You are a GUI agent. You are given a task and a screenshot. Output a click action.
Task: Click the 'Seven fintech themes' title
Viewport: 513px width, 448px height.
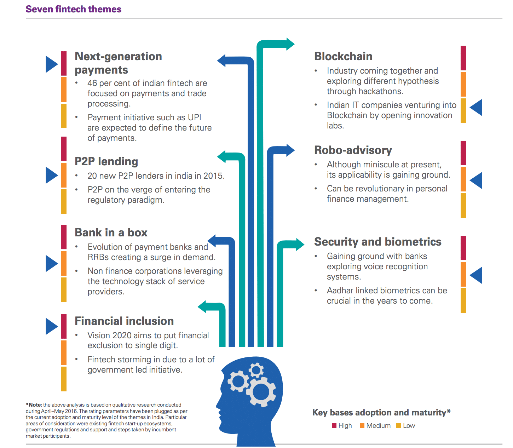click(x=74, y=9)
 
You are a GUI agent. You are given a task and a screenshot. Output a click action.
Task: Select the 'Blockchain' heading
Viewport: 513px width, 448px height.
click(x=343, y=56)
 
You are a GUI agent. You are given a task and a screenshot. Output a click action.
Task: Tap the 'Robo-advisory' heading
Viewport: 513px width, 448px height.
click(x=353, y=150)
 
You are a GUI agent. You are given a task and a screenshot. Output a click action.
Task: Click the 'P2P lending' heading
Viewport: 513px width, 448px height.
click(x=106, y=161)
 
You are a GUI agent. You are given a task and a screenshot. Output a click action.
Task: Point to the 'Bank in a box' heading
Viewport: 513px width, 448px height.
click(x=111, y=232)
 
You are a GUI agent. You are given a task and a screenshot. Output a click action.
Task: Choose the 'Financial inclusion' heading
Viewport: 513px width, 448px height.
click(x=124, y=321)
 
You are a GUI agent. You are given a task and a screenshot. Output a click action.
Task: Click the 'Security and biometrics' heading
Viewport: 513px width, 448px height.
click(x=377, y=242)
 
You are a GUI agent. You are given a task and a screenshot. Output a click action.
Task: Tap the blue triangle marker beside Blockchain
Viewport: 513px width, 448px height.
click(x=477, y=107)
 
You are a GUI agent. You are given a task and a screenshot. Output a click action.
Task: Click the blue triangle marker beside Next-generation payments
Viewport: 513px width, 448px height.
click(x=51, y=64)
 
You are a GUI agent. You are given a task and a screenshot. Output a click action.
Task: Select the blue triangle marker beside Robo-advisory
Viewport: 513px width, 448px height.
click(x=477, y=180)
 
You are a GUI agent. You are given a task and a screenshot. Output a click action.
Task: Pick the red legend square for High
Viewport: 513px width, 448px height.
click(x=334, y=425)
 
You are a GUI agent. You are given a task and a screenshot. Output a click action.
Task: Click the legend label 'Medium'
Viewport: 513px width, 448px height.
click(x=378, y=425)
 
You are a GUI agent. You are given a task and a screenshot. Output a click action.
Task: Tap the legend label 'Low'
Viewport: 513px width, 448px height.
click(x=409, y=425)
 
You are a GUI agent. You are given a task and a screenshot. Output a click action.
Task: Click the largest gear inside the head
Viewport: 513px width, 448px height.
click(x=261, y=391)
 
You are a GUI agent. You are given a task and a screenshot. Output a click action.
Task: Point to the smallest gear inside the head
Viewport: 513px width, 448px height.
click(x=256, y=371)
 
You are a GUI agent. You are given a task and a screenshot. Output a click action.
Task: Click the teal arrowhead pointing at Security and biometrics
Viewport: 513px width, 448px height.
click(x=299, y=244)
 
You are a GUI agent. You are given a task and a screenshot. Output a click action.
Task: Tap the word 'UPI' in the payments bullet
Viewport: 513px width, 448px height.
click(x=195, y=117)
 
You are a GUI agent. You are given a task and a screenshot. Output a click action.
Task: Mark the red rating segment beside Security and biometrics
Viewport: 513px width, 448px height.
click(x=463, y=248)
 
